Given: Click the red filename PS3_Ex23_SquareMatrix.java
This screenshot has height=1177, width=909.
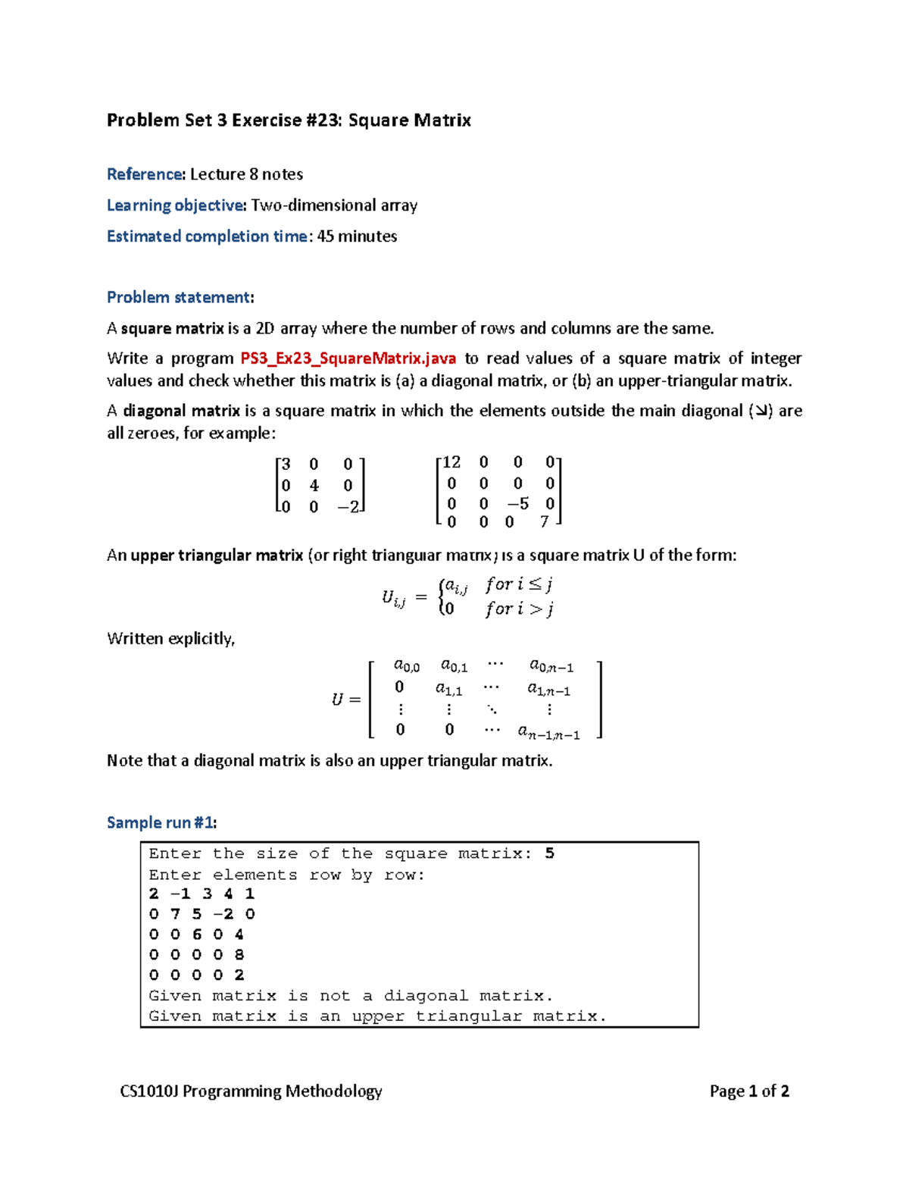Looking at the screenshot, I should pos(348,358).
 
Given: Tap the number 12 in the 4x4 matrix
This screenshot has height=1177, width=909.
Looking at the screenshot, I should pos(451,462).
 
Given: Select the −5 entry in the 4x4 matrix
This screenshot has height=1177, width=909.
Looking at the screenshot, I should pos(518,504).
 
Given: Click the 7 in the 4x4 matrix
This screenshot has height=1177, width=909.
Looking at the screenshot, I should pos(544,522).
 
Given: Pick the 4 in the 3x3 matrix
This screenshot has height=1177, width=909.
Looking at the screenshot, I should pos(314,486).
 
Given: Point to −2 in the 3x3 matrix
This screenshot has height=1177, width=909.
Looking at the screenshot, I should pos(348,507).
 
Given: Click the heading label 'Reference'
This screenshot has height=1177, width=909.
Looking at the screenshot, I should pos(145,174).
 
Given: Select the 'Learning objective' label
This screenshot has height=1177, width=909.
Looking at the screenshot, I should pos(176,205).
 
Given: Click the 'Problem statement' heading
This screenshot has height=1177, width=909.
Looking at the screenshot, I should pos(179,297).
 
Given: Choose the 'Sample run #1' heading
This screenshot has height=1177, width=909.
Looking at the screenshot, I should pos(161,822).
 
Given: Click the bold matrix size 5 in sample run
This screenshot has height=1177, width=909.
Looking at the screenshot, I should pos(549,853).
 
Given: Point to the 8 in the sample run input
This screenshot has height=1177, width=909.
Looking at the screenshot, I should pos(239,955).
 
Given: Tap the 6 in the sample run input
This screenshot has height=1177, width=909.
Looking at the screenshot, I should pos(196,934).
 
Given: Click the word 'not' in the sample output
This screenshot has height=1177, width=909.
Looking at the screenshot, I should pos(334,996).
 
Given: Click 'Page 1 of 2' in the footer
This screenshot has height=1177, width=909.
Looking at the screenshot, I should pos(749,1091).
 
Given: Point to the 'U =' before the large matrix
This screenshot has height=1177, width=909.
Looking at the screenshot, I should pos(345,700).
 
